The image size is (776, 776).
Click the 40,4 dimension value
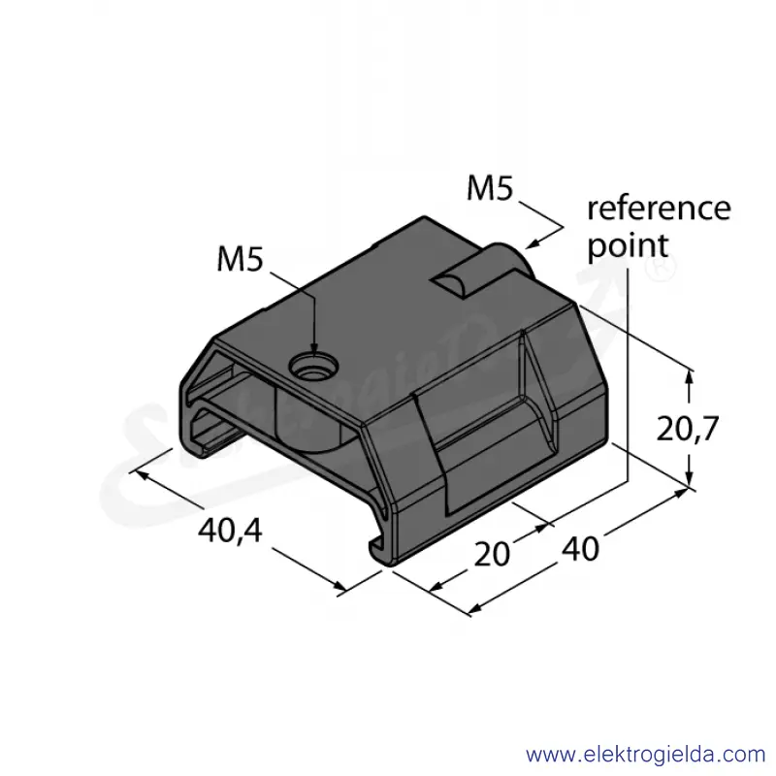pyautogui.click(x=230, y=531)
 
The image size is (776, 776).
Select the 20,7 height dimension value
pyautogui.click(x=687, y=429)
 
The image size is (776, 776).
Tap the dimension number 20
pyautogui.click(x=492, y=554)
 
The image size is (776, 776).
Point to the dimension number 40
pyautogui.click(x=580, y=548)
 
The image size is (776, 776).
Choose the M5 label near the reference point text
pyautogui.click(x=491, y=188)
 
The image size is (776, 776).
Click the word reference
pyautogui.click(x=659, y=209)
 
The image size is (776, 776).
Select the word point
pyautogui.click(x=628, y=246)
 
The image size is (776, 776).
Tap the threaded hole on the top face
pyautogui.click(x=313, y=368)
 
